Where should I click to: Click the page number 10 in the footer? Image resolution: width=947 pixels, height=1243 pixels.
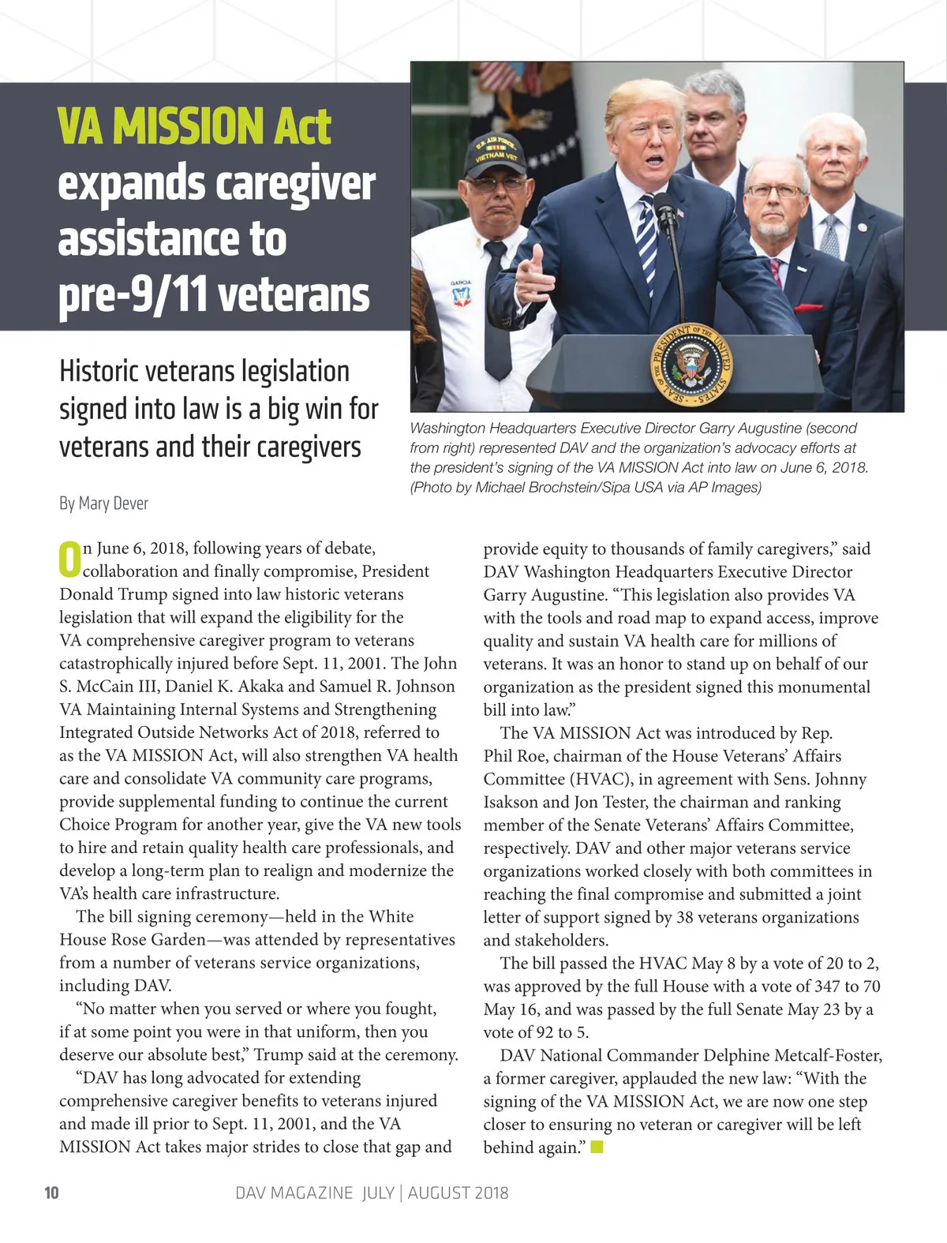click(x=51, y=1192)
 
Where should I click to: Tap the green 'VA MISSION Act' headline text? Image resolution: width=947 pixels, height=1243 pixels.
click(x=194, y=127)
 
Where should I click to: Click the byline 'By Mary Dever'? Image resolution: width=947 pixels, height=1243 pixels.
click(x=103, y=504)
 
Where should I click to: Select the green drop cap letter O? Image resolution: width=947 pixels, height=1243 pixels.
click(x=69, y=558)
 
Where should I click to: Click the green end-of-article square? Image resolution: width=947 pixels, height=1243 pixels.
click(x=597, y=1147)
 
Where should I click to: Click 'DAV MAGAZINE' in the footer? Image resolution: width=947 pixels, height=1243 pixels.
click(x=294, y=1192)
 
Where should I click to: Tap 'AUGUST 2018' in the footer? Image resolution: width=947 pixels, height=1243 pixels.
click(x=458, y=1192)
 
